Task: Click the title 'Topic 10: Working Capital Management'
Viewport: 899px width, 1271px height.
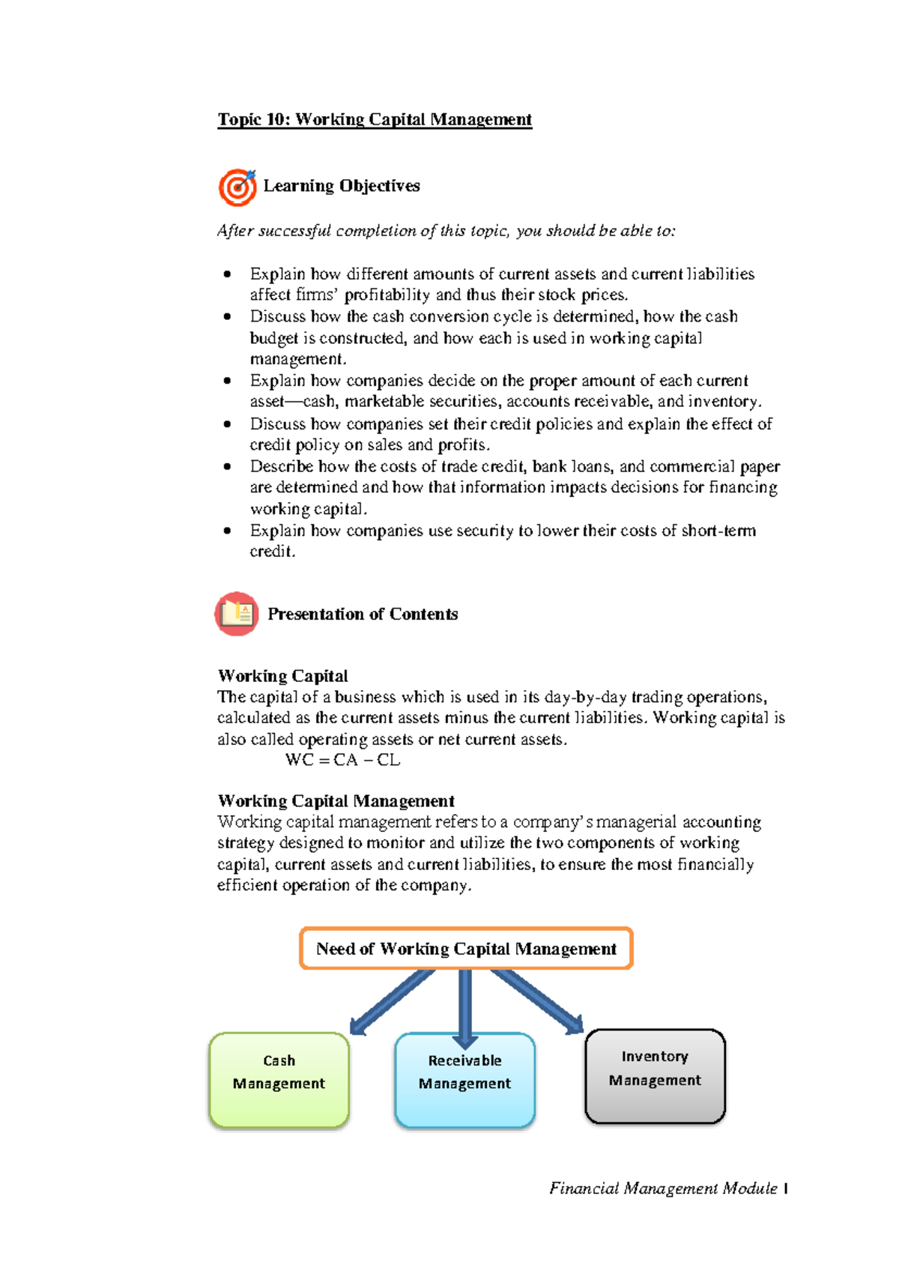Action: [375, 120]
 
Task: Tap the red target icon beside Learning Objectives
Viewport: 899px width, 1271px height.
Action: [237, 187]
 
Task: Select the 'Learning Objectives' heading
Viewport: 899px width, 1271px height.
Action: [341, 186]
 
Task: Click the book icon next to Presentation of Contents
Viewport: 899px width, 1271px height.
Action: [237, 614]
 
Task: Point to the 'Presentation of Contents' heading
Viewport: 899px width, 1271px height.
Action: [363, 615]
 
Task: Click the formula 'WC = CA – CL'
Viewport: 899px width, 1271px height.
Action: [343, 760]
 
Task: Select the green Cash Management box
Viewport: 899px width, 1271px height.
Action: [279, 1079]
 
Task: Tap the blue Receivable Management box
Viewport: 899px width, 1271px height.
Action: [464, 1079]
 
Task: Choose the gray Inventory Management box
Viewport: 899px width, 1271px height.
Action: [655, 1076]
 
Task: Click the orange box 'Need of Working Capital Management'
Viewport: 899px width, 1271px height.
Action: [466, 949]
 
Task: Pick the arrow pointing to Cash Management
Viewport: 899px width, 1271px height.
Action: [391, 1003]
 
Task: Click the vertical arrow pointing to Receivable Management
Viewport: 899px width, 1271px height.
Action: [465, 1004]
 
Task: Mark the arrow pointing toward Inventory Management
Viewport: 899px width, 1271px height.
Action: [538, 1001]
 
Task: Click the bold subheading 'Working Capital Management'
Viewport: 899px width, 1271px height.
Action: [336, 801]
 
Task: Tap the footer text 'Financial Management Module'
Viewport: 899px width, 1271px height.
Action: [663, 1189]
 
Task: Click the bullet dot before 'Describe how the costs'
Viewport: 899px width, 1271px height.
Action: [228, 466]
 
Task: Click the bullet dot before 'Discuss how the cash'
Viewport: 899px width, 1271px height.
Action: [228, 316]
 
